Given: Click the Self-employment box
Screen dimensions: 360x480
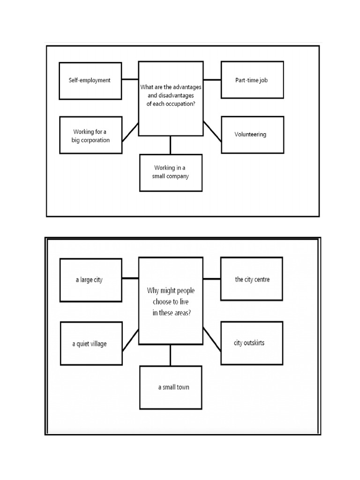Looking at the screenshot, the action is tap(90, 81).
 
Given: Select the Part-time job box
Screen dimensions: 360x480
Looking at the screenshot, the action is tap(252, 80).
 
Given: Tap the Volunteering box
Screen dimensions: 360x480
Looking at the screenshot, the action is tap(253, 135).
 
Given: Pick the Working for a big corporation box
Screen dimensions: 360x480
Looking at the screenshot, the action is tap(91, 135).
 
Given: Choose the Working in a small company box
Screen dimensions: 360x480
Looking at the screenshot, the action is tap(171, 173).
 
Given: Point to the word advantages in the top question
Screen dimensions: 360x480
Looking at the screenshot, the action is tap(187, 87).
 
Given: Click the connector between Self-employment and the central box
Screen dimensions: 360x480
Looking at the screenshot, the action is tap(130, 79).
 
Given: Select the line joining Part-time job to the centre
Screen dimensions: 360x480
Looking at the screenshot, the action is tap(212, 80).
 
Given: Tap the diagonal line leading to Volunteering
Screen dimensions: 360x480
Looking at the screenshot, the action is tap(212, 131).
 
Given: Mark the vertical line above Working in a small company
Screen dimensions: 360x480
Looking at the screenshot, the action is tap(171, 145).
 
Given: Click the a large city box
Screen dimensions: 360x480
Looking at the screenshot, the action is tap(91, 280).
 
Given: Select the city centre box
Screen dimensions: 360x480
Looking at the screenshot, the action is tap(252, 279).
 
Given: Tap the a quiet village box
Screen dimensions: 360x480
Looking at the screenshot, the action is tap(91, 344).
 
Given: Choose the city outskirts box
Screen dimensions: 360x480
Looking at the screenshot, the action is tap(252, 343).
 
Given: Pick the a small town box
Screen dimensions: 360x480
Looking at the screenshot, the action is tap(171, 388).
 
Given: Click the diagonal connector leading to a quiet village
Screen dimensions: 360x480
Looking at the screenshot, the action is tap(130, 340).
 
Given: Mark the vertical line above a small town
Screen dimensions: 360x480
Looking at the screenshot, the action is tap(171, 355).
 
